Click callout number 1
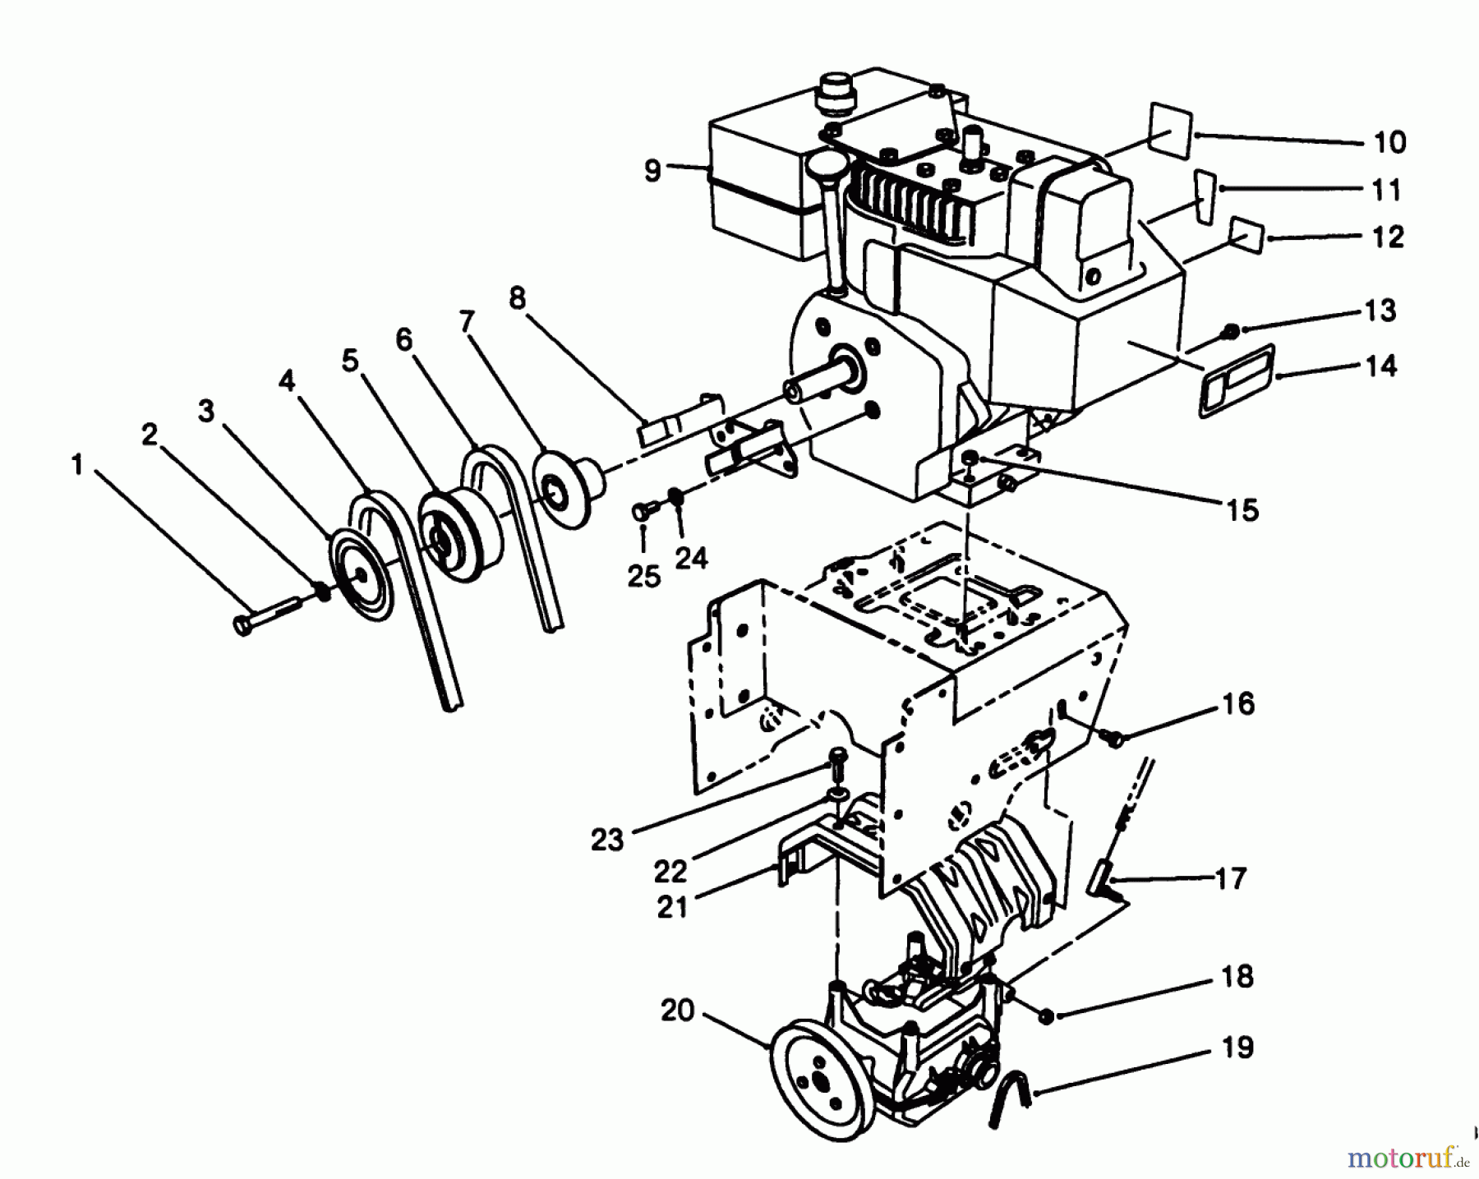click(76, 466)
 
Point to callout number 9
click(652, 171)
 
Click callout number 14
click(1382, 365)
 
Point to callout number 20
click(678, 1010)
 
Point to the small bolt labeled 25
click(642, 513)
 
